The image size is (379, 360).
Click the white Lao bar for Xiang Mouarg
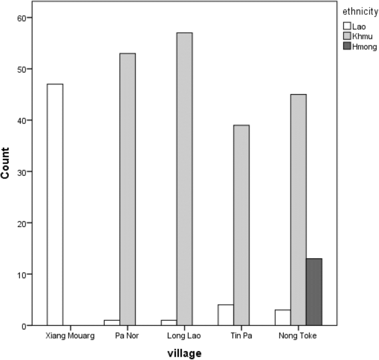pos(55,205)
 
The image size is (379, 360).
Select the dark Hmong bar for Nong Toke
pos(314,292)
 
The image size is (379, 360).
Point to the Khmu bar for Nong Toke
pos(298,210)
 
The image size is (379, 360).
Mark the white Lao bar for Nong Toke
pos(283,318)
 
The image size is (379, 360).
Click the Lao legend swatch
pos(347,25)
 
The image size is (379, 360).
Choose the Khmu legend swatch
pos(347,36)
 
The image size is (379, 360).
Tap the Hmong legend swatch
pos(347,46)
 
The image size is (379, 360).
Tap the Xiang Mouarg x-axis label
pos(70,336)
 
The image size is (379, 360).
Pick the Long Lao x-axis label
pos(184,336)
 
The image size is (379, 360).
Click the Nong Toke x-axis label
pos(298,336)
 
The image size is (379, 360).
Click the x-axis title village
pos(185,352)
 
